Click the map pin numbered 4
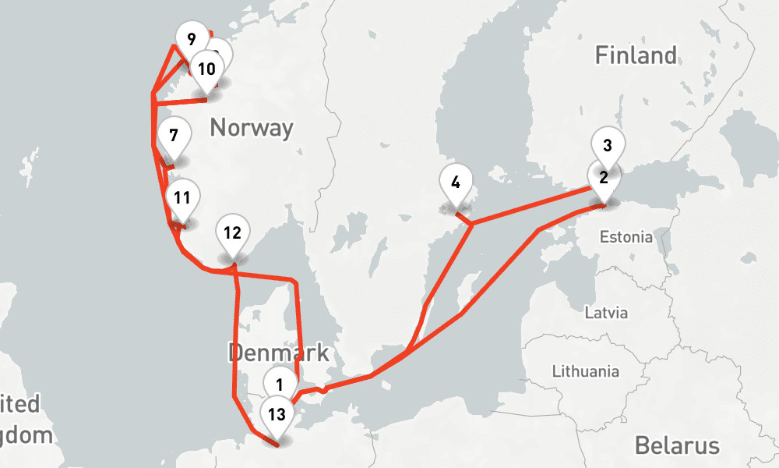[455, 183]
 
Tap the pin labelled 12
[232, 232]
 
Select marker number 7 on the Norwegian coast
[173, 136]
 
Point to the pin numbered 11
[182, 198]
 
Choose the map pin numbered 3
[608, 145]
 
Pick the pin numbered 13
[277, 414]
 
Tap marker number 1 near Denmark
[280, 382]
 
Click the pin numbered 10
[206, 69]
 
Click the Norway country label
[252, 127]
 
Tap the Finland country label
[636, 55]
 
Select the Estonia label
[626, 236]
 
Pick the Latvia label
[605, 313]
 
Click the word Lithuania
[584, 371]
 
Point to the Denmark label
[278, 352]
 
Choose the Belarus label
[676, 445]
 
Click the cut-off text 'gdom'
[25, 434]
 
